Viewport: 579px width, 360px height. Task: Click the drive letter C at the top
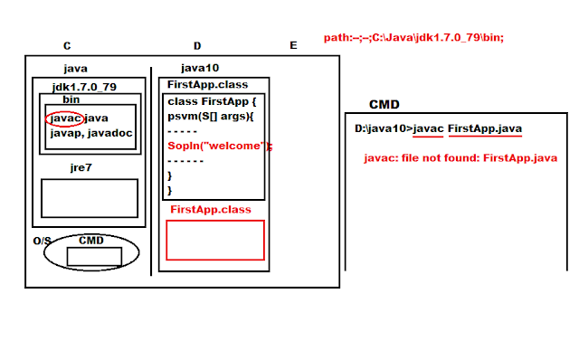pyautogui.click(x=67, y=46)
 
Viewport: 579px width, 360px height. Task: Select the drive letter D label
pyautogui.click(x=197, y=46)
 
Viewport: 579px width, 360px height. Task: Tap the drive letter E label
pyautogui.click(x=292, y=46)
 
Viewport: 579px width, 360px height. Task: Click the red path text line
pyautogui.click(x=413, y=37)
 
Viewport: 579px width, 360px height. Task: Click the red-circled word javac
pyautogui.click(x=63, y=118)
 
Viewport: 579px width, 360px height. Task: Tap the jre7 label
pyautogui.click(x=81, y=168)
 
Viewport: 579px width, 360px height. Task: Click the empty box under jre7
pyautogui.click(x=89, y=198)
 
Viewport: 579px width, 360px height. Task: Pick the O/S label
pyautogui.click(x=43, y=242)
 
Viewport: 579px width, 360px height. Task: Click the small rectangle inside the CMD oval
pyautogui.click(x=94, y=257)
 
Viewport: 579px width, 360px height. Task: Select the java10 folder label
pyautogui.click(x=199, y=68)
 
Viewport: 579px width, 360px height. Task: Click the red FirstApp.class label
pyautogui.click(x=211, y=210)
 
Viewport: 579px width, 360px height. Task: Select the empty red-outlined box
pyautogui.click(x=214, y=241)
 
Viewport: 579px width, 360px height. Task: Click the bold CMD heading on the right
pyautogui.click(x=384, y=105)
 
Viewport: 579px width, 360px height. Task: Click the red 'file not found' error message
pyautogui.click(x=460, y=158)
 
